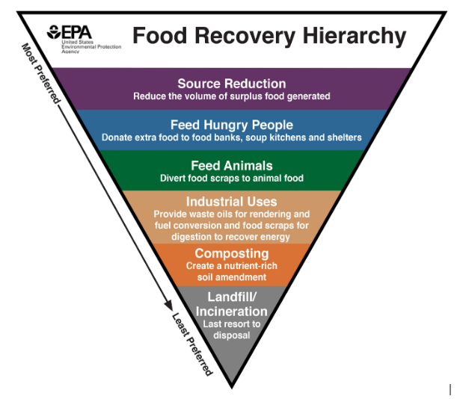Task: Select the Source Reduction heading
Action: [x=231, y=84]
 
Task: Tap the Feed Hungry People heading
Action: [x=231, y=125]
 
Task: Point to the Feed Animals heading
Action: [x=231, y=165]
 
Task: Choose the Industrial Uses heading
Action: [x=231, y=202]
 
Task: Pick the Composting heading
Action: [x=231, y=253]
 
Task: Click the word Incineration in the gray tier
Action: [x=231, y=311]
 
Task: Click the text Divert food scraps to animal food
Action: [x=231, y=178]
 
